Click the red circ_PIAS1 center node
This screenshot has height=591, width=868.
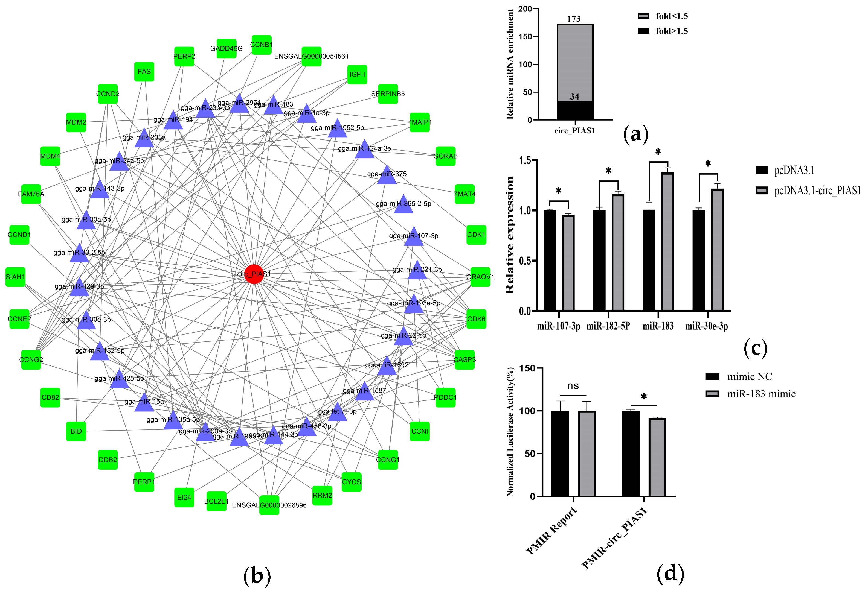point(254,274)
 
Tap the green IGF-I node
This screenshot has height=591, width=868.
point(357,74)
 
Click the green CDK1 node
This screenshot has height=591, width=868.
point(476,235)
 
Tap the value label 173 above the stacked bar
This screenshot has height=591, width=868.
point(574,19)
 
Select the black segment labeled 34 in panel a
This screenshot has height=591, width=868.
point(575,110)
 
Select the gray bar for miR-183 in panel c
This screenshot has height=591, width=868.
point(667,241)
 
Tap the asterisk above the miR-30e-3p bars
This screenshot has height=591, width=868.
point(708,163)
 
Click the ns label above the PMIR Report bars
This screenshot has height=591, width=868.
point(573,386)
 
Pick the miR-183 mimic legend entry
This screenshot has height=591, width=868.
point(751,394)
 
